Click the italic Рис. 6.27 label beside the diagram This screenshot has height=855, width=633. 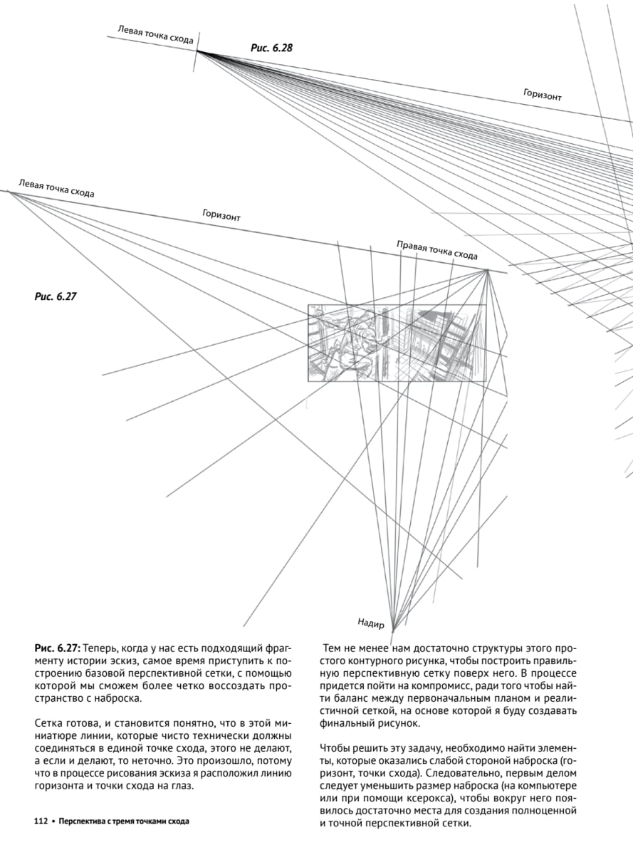click(55, 296)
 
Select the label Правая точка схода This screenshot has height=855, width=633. click(436, 250)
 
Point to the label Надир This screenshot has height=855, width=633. click(371, 624)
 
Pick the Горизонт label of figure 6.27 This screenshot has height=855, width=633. click(221, 215)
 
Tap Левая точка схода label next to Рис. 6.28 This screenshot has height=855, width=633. click(155, 34)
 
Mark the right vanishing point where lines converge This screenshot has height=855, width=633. click(487, 270)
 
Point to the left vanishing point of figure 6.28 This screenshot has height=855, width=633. click(197, 51)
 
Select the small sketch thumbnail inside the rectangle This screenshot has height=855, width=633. click(397, 343)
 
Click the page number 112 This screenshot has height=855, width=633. click(41, 821)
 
